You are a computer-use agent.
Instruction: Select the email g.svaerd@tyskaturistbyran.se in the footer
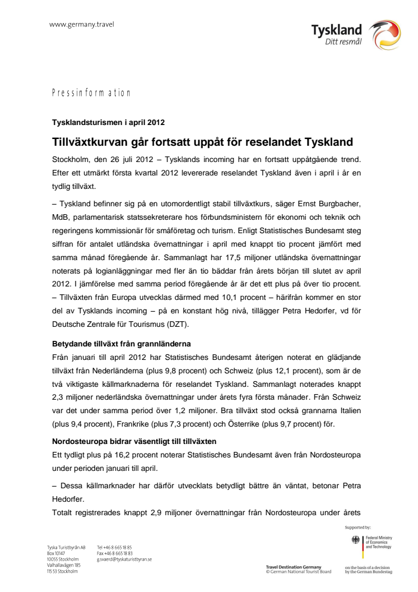pos(124,559)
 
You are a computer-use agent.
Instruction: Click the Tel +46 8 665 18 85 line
pos(114,547)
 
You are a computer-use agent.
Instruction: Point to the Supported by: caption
pos(359,528)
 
